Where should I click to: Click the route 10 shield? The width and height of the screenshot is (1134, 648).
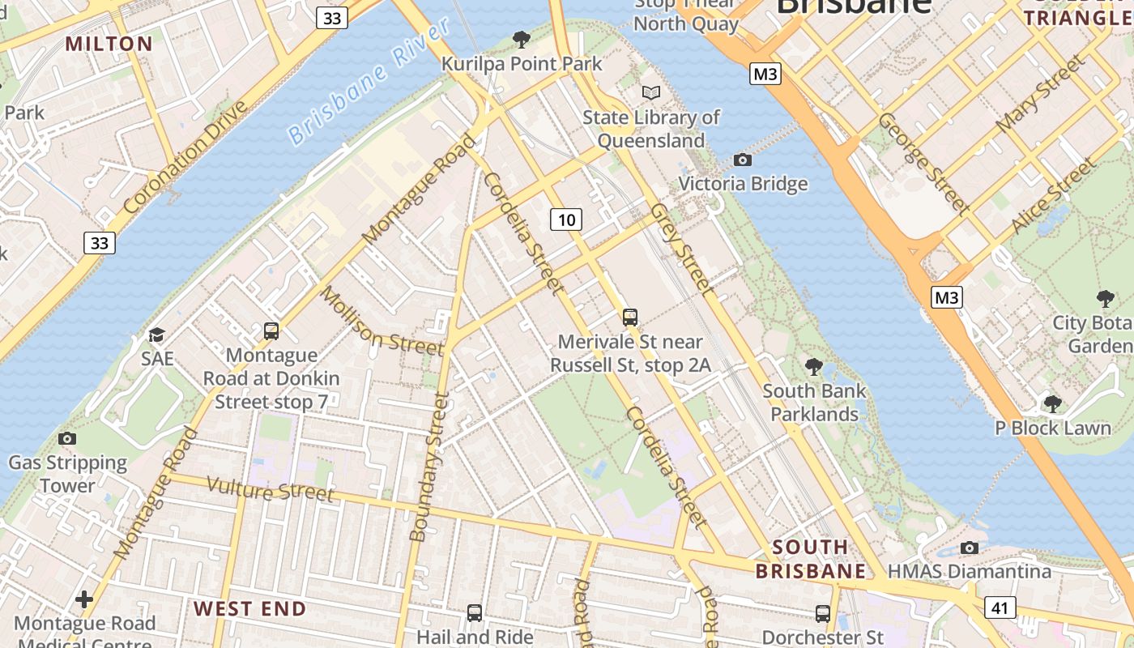click(566, 219)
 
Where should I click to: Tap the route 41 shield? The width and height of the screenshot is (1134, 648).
click(1000, 607)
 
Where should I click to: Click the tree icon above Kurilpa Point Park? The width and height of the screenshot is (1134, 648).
click(522, 38)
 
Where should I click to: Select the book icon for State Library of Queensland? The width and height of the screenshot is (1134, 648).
click(651, 92)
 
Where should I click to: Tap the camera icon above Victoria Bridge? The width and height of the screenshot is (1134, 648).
click(742, 160)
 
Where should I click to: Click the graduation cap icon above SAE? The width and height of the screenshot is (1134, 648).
click(157, 334)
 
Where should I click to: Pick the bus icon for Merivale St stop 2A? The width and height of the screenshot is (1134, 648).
click(630, 318)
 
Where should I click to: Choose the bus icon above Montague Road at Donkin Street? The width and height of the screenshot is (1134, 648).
click(271, 330)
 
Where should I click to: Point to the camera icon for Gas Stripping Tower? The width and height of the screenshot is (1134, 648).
click(67, 438)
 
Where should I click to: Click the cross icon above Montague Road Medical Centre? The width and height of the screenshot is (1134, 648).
click(84, 599)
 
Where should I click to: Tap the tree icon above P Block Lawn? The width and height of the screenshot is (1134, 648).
click(1052, 403)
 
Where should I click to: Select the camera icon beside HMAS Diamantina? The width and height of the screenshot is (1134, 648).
click(969, 548)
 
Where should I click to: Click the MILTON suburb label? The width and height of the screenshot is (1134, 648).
click(109, 44)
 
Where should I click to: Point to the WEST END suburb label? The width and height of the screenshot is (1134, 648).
click(249, 608)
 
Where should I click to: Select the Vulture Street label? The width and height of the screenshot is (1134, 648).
click(270, 489)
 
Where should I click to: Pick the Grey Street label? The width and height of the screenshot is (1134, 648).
click(682, 249)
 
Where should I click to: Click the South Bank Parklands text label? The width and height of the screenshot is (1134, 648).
click(814, 403)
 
